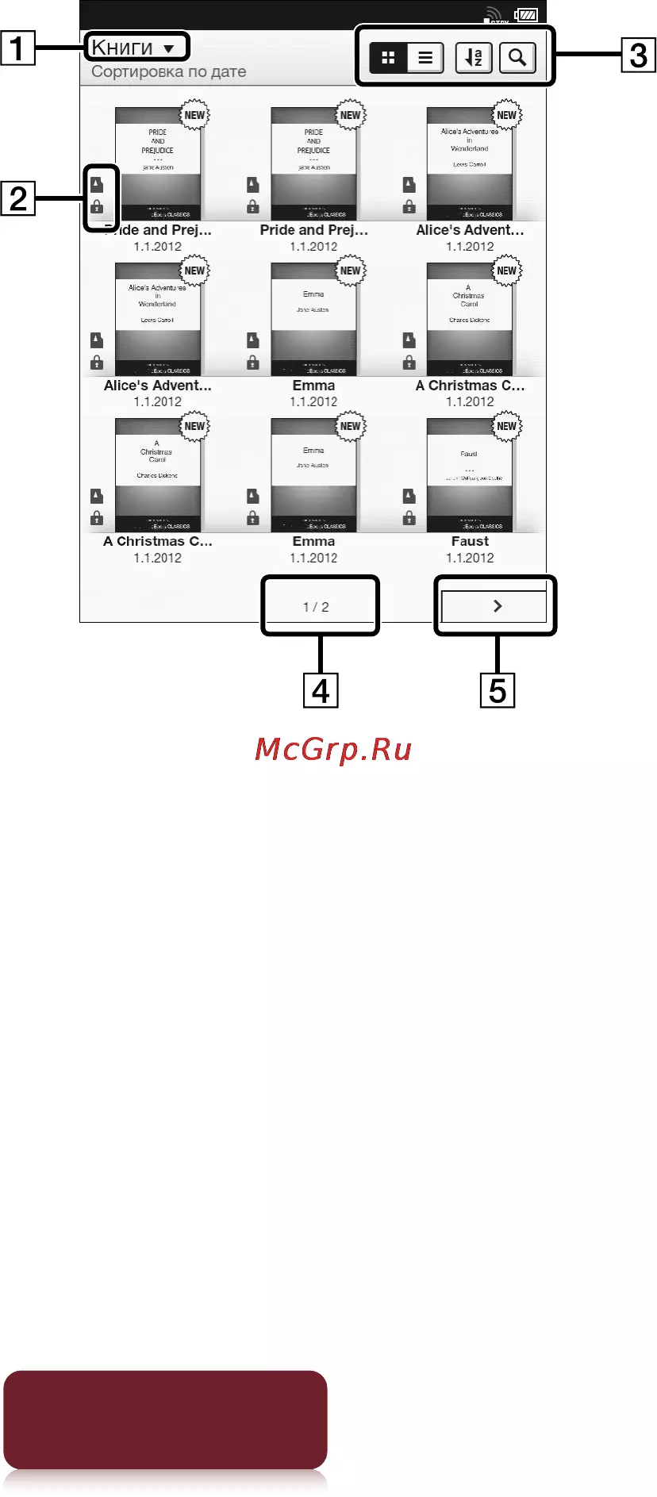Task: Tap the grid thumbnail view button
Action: (389, 58)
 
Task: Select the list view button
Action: (425, 58)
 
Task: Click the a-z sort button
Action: (474, 58)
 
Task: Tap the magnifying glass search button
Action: (517, 58)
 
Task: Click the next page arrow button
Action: (497, 606)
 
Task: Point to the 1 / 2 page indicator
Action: (316, 607)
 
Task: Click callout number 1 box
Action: (17, 48)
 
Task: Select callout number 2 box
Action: (17, 198)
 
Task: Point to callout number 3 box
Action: (638, 55)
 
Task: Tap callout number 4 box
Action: (321, 690)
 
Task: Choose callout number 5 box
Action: (498, 690)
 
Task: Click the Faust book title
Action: (470, 541)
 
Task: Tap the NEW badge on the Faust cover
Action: (506, 426)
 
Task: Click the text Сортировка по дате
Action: (168, 72)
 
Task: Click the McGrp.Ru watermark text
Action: (333, 750)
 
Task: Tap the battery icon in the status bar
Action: (526, 15)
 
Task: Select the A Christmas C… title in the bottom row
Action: (157, 541)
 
